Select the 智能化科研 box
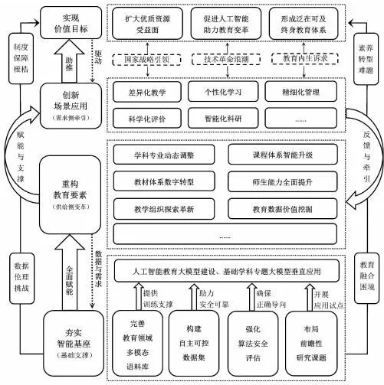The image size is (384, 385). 225,119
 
